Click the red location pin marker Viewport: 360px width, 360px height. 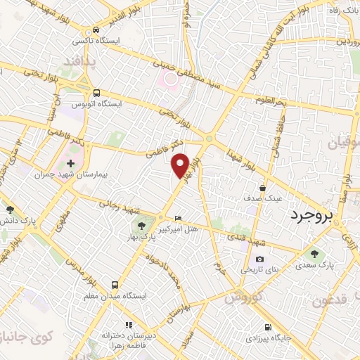(x=181, y=165)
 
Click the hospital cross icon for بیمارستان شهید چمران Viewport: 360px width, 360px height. (x=70, y=163)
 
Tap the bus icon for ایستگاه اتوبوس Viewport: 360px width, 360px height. (x=96, y=93)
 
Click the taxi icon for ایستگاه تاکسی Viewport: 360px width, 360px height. (x=96, y=30)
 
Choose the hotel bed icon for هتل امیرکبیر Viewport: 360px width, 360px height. (x=177, y=218)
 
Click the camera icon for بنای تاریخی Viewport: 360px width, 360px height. (x=259, y=259)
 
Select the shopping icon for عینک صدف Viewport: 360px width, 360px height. (x=262, y=188)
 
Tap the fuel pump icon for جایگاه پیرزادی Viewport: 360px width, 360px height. (x=267, y=327)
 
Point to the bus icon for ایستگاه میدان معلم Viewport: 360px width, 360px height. (x=114, y=285)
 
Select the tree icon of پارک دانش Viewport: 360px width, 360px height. (x=9, y=210)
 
